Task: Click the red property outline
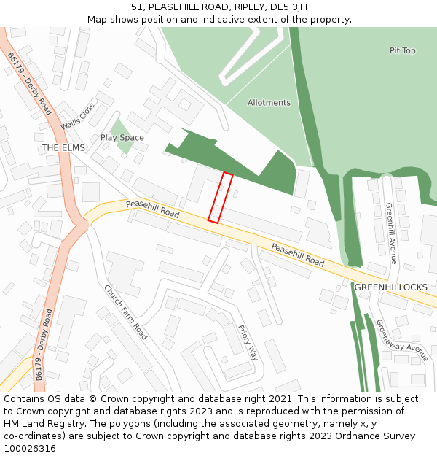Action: pos(221,197)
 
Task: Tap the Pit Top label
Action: pos(402,51)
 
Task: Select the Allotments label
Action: pos(269,103)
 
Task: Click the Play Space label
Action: pos(122,138)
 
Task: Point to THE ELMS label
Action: pos(63,148)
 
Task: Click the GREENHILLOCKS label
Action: pos(391,287)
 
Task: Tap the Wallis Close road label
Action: pos(78,115)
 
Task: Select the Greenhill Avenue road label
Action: pos(390,233)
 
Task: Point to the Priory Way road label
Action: pos(248,342)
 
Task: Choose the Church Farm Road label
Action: pos(126,312)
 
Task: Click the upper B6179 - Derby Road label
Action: pos(30,83)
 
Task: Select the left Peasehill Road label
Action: pos(152,210)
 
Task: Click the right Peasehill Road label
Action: pos(297,255)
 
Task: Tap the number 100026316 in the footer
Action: pos(31,448)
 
